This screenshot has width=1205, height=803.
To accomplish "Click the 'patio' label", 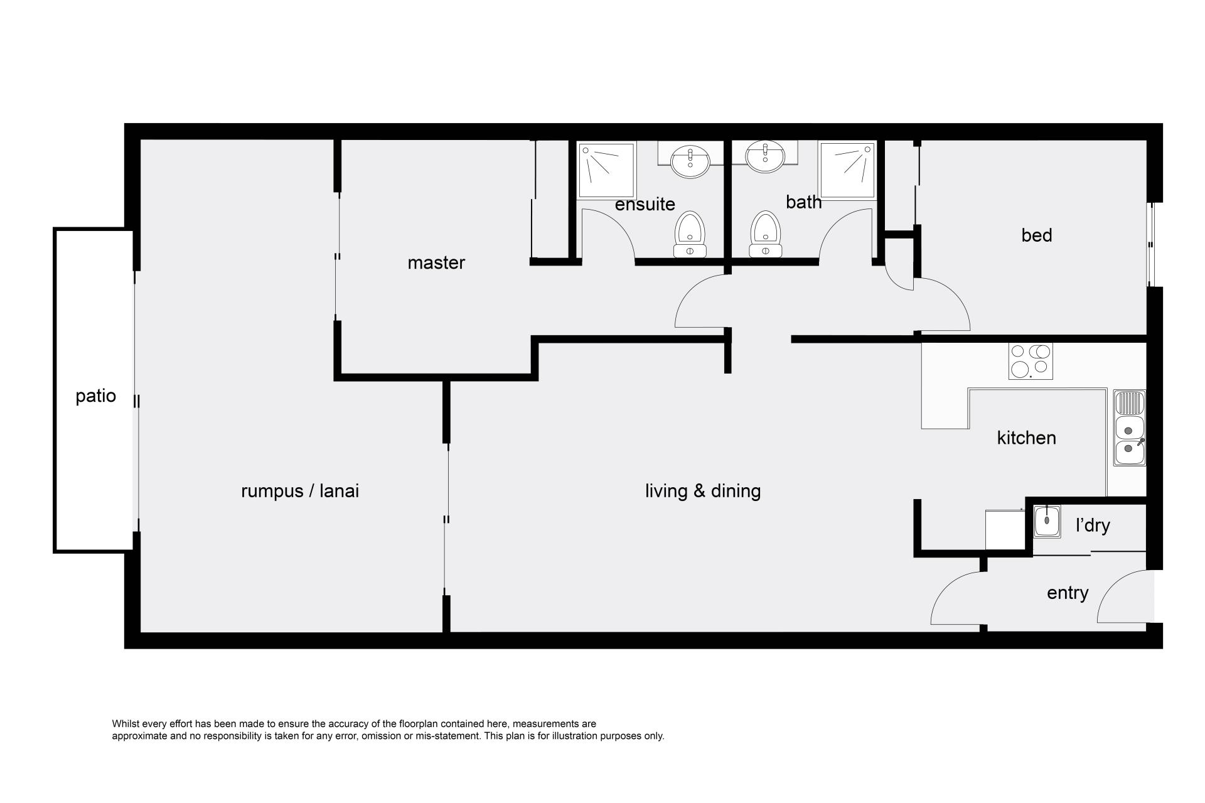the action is pyautogui.click(x=96, y=397).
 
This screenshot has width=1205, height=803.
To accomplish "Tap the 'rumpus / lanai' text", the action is pyautogui.click(x=300, y=491).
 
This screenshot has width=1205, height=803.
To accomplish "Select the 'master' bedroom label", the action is pyautogui.click(x=436, y=262).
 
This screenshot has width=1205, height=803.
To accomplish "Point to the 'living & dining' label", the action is pyautogui.click(x=703, y=491).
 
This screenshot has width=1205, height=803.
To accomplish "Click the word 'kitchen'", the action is pyautogui.click(x=1026, y=438).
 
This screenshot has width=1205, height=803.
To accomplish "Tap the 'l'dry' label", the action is pyautogui.click(x=1093, y=525).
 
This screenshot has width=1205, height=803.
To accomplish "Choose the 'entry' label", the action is pyautogui.click(x=1068, y=593).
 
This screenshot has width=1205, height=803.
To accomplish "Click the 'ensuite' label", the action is pyautogui.click(x=645, y=204).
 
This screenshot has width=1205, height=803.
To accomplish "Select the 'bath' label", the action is pyautogui.click(x=803, y=202).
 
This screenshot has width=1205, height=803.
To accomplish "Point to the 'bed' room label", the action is pyautogui.click(x=1037, y=235).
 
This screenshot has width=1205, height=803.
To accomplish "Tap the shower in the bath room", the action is pyautogui.click(x=847, y=170).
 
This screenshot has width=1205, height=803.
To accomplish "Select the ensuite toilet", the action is pyautogui.click(x=690, y=234).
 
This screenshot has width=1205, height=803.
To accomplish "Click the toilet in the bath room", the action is pyautogui.click(x=766, y=234).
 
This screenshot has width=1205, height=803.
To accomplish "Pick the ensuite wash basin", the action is pyautogui.click(x=690, y=161).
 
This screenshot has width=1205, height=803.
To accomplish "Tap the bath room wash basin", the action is pyautogui.click(x=765, y=156).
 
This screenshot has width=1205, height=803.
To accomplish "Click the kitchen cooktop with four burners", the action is pyautogui.click(x=1031, y=361).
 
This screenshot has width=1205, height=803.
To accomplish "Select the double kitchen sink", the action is pyautogui.click(x=1130, y=428).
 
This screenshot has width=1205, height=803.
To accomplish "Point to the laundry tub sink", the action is pyautogui.click(x=1047, y=521).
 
